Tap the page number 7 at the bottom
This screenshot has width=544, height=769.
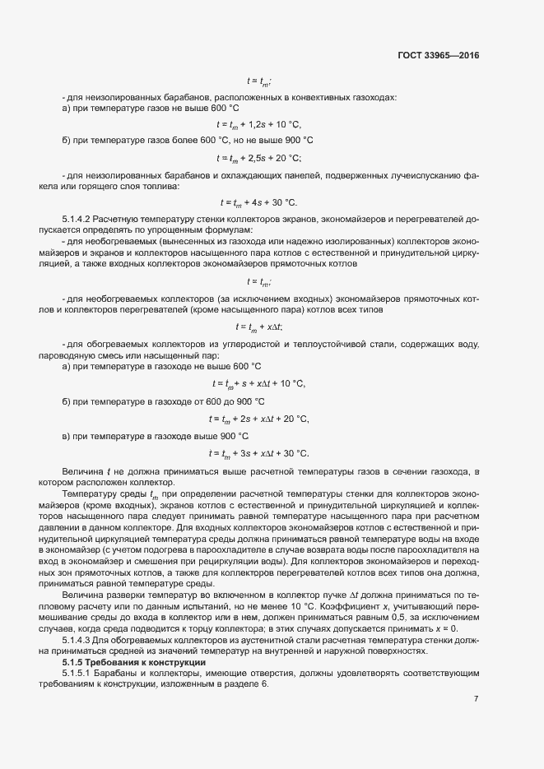pyautogui.click(x=476, y=699)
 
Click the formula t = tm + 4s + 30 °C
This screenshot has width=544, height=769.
pyautogui.click(x=259, y=202)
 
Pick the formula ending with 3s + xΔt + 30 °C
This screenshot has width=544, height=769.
pyautogui.click(x=259, y=453)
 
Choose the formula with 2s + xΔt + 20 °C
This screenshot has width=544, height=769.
pyautogui.click(x=259, y=419)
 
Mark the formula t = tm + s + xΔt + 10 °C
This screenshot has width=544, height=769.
pyautogui.click(x=259, y=383)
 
